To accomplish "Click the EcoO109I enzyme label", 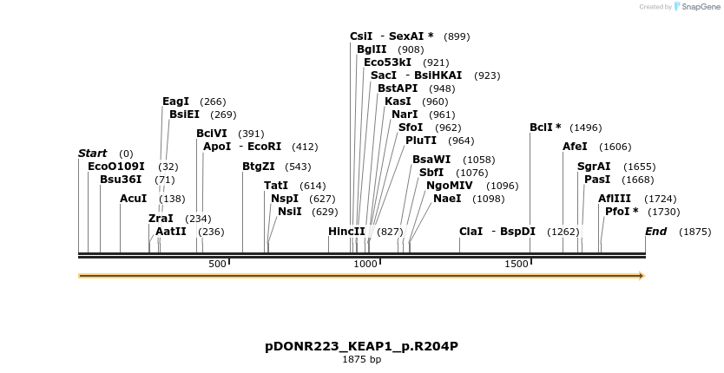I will [116, 166].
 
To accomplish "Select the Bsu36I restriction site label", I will [121, 180].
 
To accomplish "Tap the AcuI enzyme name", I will [134, 199].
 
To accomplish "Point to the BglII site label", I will [372, 49].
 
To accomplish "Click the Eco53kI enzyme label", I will [388, 62].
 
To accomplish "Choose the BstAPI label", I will [398, 88].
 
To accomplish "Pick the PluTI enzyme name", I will [421, 141].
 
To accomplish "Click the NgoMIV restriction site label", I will [450, 186].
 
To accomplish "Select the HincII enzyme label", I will [347, 232].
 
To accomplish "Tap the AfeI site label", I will [575, 147].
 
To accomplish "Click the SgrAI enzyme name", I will [594, 167].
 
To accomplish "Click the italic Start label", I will [92, 154].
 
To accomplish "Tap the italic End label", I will [655, 232].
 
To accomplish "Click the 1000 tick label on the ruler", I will [366, 264].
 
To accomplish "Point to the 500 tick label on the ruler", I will [217, 264].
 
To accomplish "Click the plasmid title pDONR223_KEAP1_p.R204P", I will [361, 346].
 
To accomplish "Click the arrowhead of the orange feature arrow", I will [642, 276].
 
